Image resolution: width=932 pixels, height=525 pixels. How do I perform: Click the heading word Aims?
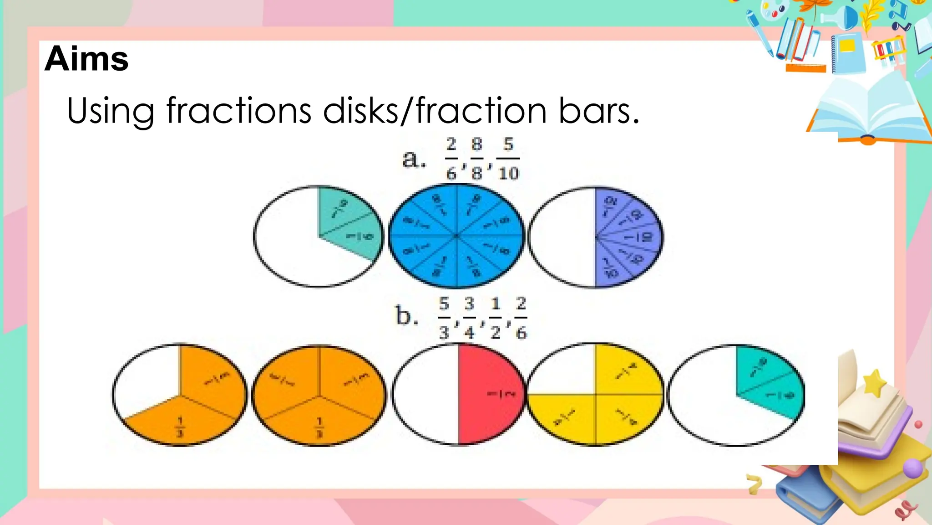(86, 59)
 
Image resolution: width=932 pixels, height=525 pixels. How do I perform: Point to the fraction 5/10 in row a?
(508, 159)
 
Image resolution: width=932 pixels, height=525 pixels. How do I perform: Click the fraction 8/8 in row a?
(476, 159)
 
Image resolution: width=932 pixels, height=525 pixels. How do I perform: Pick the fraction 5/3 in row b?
(444, 318)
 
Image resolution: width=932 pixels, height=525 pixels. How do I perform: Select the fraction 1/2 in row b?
(496, 318)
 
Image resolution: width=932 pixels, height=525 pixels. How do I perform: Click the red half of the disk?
(489, 394)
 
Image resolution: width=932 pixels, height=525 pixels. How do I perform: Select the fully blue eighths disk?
(456, 236)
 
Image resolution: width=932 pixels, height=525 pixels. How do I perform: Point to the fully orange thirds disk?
(319, 394)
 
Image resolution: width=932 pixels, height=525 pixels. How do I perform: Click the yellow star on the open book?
(874, 383)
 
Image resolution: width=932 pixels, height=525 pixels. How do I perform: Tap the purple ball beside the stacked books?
(912, 468)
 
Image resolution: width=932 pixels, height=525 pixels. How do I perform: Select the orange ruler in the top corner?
(805, 68)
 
